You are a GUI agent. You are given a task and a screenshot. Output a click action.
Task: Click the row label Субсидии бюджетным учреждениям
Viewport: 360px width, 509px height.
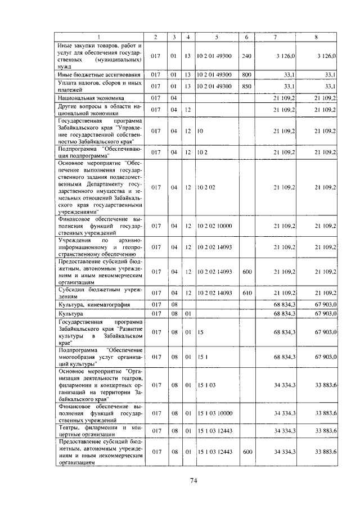point(99,292)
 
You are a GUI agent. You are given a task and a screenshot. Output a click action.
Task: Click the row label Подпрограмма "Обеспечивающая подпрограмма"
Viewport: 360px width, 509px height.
point(99,152)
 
